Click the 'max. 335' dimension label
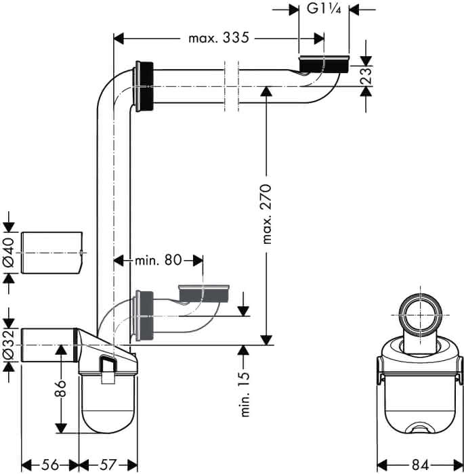pyautogui.click(x=219, y=38)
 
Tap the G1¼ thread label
pyautogui.click(x=324, y=8)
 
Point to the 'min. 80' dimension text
pyautogui.click(x=158, y=260)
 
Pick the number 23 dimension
pyautogui.click(x=365, y=76)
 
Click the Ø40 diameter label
pyautogui.click(x=9, y=253)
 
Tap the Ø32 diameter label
pyautogui.click(x=9, y=345)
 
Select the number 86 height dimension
pyautogui.click(x=60, y=389)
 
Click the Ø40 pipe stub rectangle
pyautogui.click(x=51, y=253)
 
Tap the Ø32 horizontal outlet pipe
pyautogui.click(x=48, y=345)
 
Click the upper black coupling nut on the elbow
pyautogui.click(x=144, y=87)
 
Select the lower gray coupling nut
pyautogui.click(x=144, y=316)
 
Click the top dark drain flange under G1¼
pyautogui.click(x=324, y=64)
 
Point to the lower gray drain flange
pyautogui.click(x=204, y=293)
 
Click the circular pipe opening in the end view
pyautogui.click(x=421, y=316)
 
